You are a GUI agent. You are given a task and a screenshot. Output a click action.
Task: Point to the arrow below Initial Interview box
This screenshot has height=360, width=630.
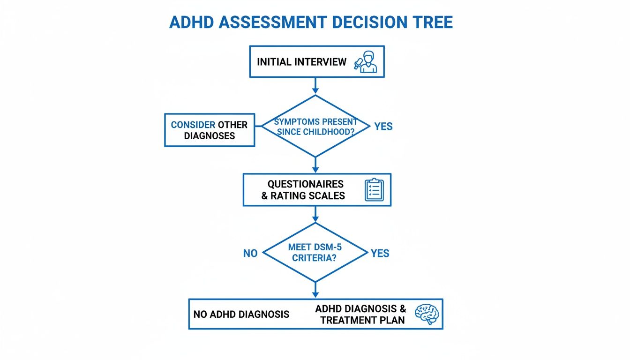315,86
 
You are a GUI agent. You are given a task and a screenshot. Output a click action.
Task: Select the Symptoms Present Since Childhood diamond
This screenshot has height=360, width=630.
315,127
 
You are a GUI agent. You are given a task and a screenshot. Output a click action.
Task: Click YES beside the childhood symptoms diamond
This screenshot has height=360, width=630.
383,127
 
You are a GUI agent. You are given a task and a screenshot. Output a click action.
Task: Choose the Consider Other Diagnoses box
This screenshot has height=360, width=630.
209,130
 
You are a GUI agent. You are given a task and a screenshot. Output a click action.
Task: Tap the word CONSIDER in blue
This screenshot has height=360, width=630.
193,125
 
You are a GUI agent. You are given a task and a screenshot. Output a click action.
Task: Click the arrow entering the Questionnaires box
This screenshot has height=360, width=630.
315,165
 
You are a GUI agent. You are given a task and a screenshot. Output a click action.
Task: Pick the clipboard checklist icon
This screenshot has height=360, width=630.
374,190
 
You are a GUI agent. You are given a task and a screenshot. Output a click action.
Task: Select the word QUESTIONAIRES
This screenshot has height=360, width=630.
305,184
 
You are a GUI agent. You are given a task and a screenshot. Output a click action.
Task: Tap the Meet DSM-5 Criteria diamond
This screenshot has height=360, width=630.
315,253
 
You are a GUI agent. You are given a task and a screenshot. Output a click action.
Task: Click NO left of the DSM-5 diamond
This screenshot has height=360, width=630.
250,254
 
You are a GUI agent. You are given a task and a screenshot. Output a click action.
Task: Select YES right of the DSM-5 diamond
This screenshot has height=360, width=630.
380,254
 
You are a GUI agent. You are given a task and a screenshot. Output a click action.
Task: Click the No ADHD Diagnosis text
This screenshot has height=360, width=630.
241,314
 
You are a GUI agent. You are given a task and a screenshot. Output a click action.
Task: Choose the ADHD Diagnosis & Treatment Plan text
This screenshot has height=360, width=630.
360,314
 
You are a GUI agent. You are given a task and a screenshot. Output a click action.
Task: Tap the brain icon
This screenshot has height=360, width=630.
426,314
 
